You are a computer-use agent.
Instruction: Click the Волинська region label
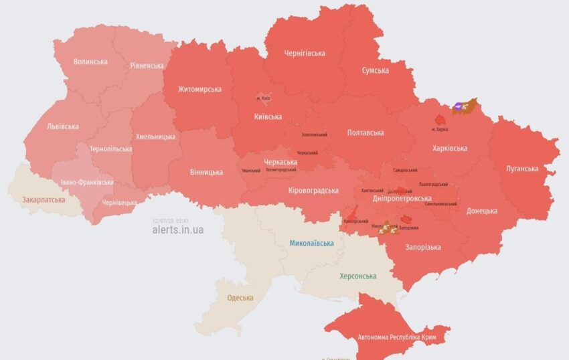coord(90,62)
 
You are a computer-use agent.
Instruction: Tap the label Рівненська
coord(147,66)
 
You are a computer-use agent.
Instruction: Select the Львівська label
coord(63,126)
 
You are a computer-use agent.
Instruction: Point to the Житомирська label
coord(199,89)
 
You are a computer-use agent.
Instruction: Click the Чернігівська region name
coord(305,53)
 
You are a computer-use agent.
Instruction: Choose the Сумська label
coord(376,70)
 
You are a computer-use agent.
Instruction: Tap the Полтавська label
coord(365,132)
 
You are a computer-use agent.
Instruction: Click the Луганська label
coord(521,169)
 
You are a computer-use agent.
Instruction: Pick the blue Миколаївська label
coord(311,243)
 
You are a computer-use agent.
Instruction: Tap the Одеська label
coord(240,298)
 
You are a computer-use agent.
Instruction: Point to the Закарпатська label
coord(44,199)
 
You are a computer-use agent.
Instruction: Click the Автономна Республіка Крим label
coord(397,337)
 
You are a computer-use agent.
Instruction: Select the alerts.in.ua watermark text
coord(178,230)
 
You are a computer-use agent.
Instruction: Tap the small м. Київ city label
coord(263,99)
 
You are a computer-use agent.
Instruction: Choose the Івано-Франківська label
coord(86,182)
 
